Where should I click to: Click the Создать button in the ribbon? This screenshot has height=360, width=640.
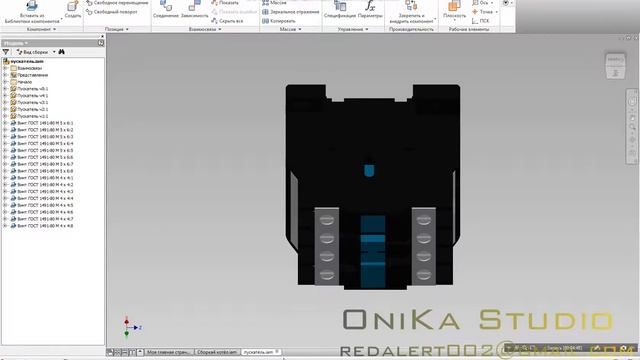tap(73, 12)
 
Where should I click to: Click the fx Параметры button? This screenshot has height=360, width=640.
tap(370, 12)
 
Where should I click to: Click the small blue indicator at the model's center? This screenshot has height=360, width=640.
tap(368, 169)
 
